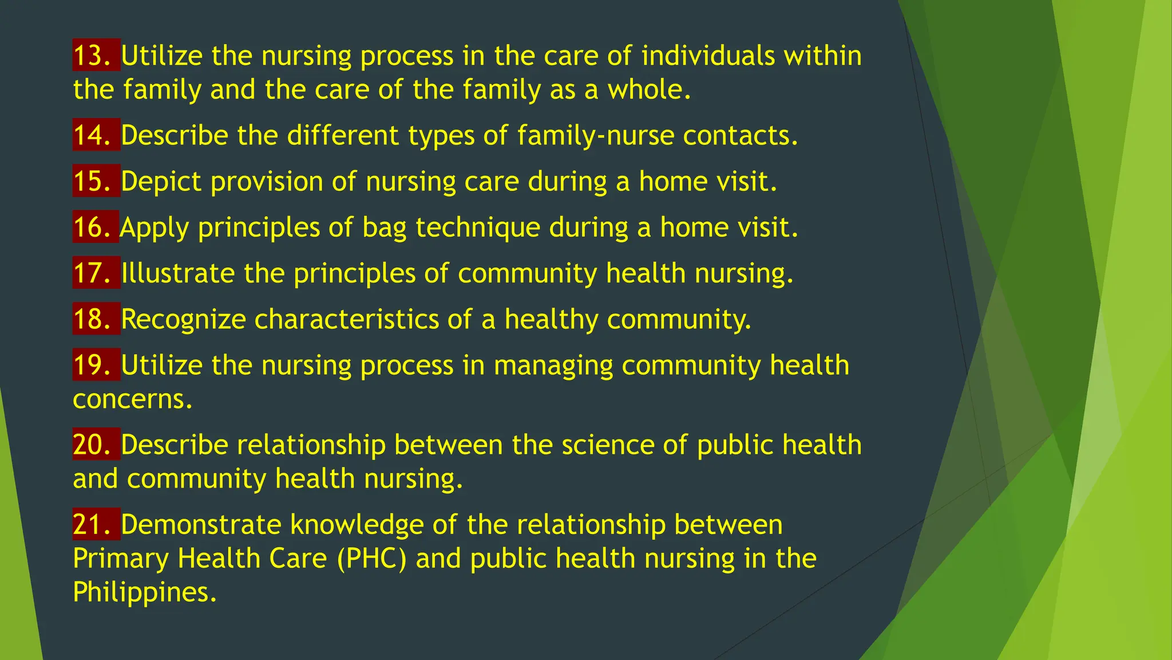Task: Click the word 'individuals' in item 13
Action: click(707, 56)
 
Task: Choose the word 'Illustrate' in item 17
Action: click(177, 273)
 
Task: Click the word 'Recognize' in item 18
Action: click(183, 319)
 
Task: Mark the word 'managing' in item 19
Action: click(553, 366)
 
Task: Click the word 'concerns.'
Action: click(133, 399)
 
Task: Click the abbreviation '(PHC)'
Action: click(371, 559)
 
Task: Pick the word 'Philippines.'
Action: click(145, 592)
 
